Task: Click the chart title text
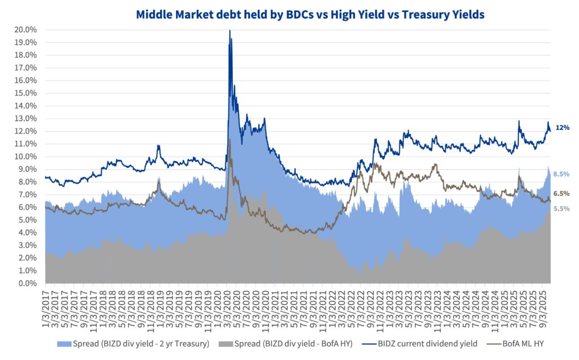coord(310,15)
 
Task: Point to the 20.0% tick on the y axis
coord(26,29)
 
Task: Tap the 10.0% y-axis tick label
coord(26,157)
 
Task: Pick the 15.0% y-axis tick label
coord(26,93)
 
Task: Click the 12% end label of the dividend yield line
coord(562,128)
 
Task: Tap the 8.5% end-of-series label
coord(561,174)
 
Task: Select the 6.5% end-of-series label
coord(561,194)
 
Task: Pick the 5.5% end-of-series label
coord(561,209)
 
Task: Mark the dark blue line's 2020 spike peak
coord(230,31)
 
